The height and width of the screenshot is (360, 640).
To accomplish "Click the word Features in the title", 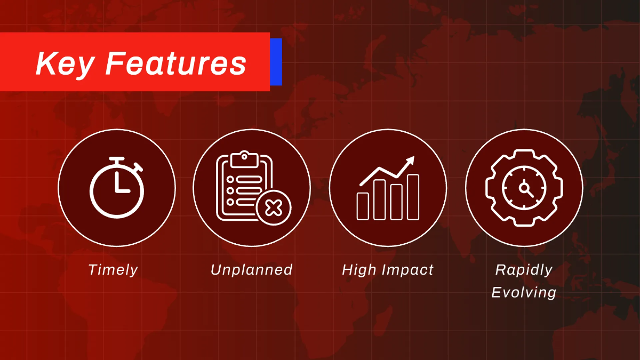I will (176, 63).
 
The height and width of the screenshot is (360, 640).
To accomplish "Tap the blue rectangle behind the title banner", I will (276, 61).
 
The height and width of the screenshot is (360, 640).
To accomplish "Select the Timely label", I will (113, 270).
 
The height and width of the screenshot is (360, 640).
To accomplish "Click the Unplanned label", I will (252, 270).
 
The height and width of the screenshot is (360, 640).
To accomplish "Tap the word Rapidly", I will (524, 270).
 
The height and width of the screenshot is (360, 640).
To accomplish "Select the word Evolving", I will (524, 292).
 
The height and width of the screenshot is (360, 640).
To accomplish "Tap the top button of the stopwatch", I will (116, 159).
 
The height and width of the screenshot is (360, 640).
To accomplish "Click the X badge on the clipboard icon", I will (274, 207).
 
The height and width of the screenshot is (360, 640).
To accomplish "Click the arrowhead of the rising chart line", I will (410, 161).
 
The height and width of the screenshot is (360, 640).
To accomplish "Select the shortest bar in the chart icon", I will (363, 206).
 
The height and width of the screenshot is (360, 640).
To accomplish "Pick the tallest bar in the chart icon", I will (413, 197).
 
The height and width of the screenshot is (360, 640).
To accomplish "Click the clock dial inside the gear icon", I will (524, 188).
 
